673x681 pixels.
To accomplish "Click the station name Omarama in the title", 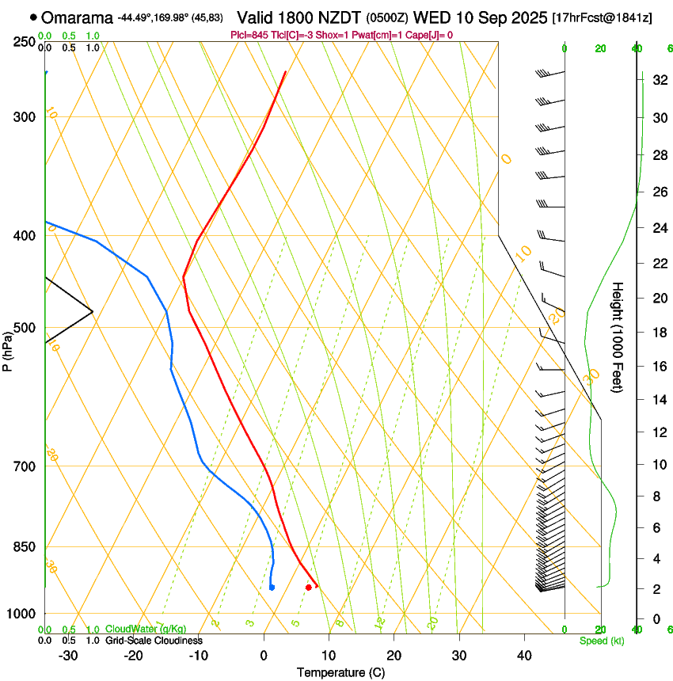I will tap(77, 17).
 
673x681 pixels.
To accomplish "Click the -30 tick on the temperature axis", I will tap(69, 655).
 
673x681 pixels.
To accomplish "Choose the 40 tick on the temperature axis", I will tap(523, 655).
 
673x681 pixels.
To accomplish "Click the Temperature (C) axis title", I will tap(340, 672).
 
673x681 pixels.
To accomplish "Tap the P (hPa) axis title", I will tap(8, 348).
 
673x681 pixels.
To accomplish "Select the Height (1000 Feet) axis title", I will tap(618, 337).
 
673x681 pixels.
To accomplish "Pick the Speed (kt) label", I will tap(601, 641).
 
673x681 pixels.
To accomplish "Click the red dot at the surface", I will tap(308, 587).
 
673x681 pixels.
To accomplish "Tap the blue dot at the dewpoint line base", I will tap(272, 587).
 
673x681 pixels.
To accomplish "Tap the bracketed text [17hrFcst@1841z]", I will tap(602, 17).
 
